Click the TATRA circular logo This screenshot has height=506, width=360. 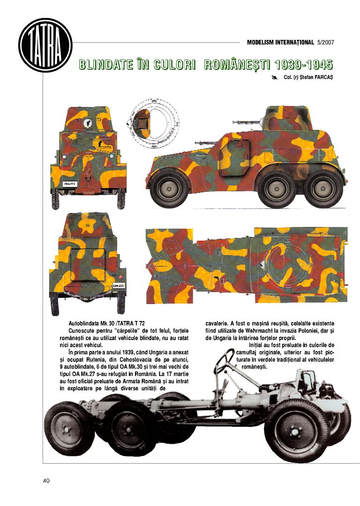tap(45, 45)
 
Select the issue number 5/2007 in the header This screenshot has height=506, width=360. tap(325, 43)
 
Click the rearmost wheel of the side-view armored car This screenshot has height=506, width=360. tap(323, 188)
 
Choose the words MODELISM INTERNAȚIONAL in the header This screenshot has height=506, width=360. tap(280, 43)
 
